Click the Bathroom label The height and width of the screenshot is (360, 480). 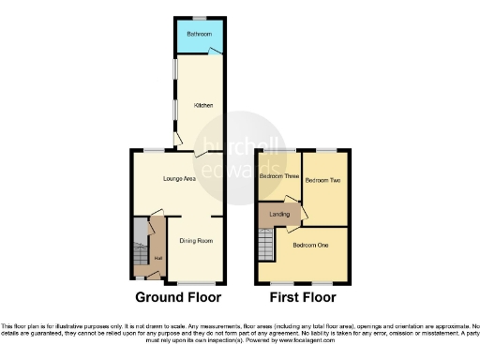point(198,35)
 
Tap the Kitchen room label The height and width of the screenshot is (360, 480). point(203,105)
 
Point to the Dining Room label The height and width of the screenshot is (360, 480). point(197,241)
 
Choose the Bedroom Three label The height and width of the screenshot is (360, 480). point(278,176)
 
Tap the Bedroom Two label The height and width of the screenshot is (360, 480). point(322,179)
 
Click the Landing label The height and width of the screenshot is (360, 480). point(279,215)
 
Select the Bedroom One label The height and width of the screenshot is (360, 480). point(309,246)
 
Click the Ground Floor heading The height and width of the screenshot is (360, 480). point(178,298)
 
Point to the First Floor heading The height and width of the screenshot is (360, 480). point(301,298)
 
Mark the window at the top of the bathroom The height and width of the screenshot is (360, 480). point(199,19)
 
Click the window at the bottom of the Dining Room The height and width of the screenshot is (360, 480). point(195,282)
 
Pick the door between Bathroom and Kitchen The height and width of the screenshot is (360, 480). point(215,52)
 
